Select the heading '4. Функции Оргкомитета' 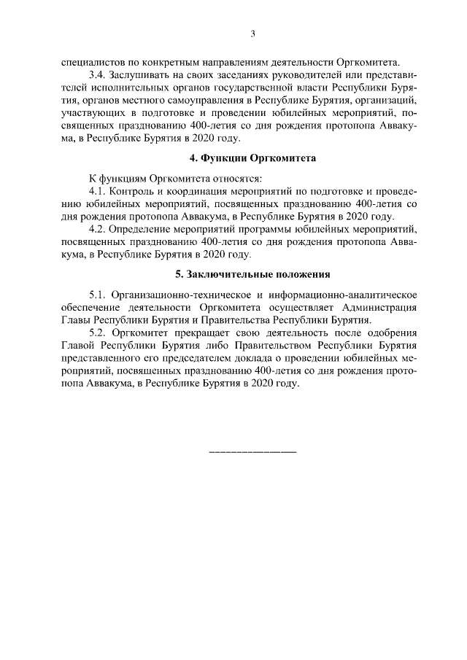[x=252, y=158]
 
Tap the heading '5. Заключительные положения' [x=252, y=274]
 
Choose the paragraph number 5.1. [x=98, y=294]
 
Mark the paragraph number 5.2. [x=98, y=332]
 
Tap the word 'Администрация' [x=379, y=307]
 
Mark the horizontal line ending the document [x=252, y=453]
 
